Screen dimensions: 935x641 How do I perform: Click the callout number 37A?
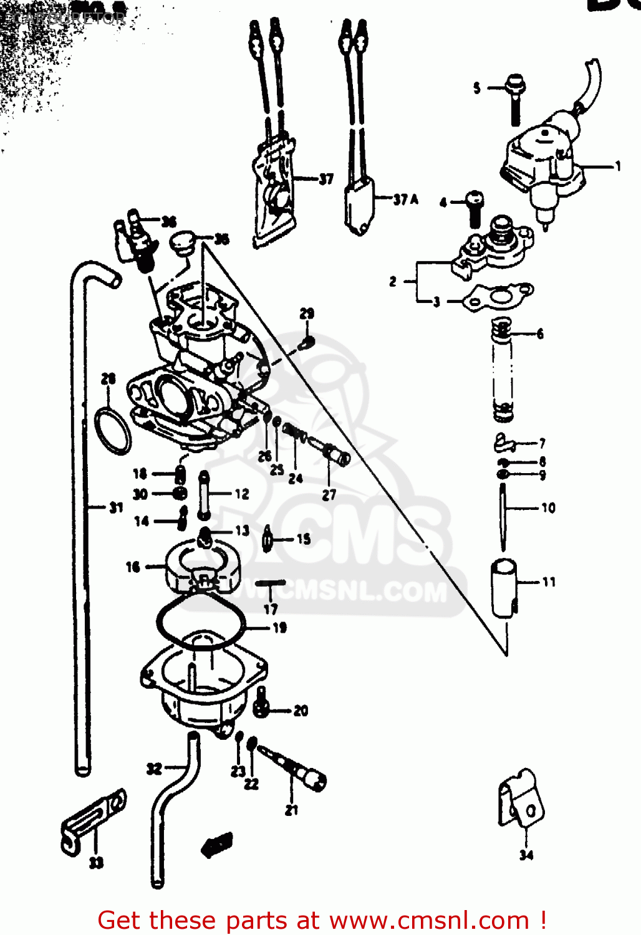tap(405, 199)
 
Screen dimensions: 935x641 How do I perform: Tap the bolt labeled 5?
tap(515, 99)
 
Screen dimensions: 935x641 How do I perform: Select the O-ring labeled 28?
tap(112, 431)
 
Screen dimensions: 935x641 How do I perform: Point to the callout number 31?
tap(116, 507)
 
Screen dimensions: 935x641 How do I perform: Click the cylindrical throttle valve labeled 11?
tap(504, 587)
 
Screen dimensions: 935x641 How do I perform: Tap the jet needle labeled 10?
tap(503, 517)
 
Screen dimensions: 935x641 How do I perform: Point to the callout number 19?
tap(280, 628)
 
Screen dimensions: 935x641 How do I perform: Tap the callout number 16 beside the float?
tap(133, 567)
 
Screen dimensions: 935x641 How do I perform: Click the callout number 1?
tap(618, 166)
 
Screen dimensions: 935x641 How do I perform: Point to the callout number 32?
tap(154, 769)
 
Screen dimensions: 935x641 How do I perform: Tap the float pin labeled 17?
tap(270, 583)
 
